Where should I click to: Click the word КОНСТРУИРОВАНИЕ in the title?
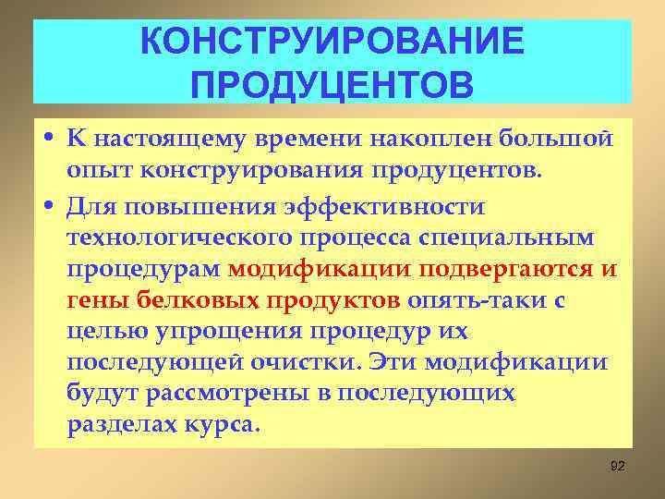tap(332, 41)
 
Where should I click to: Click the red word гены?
tap(96, 300)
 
